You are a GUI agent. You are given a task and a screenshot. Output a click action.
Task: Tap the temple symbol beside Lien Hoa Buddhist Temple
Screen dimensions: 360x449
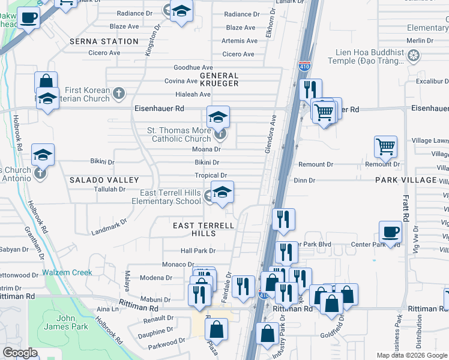413,57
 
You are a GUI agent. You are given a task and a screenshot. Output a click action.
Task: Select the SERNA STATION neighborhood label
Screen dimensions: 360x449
104,41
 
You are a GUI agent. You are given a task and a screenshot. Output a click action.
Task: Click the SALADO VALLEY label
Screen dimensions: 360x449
104,180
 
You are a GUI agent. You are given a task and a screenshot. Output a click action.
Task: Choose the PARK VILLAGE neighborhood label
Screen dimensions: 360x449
406,180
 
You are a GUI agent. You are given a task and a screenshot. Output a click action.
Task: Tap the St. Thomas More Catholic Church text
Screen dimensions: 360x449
179,134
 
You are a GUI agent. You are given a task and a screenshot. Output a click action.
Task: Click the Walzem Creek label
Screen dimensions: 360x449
67,272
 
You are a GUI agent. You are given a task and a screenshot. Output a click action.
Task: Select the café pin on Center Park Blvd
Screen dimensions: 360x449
390,232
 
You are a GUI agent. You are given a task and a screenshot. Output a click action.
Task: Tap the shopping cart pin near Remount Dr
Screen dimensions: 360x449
385,146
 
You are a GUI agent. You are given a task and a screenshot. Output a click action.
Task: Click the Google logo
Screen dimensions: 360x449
20,353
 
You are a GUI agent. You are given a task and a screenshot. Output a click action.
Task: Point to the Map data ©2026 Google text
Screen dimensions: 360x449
412,355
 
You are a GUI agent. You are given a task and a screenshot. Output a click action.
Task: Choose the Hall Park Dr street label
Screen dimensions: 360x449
197,250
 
